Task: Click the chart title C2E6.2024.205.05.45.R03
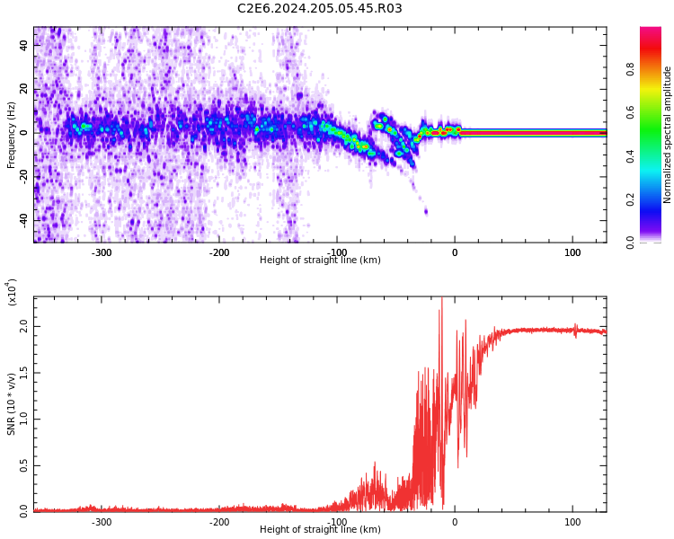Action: pyautogui.click(x=319, y=9)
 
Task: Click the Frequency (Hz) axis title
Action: pyautogui.click(x=12, y=135)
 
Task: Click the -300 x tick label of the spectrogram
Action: pyautogui.click(x=102, y=252)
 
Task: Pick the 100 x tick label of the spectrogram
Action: pyautogui.click(x=572, y=252)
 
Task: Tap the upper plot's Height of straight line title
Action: pyautogui.click(x=320, y=261)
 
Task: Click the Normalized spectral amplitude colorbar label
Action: pyautogui.click(x=668, y=135)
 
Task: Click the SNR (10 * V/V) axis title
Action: pyautogui.click(x=12, y=404)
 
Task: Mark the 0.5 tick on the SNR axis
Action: pyautogui.click(x=23, y=464)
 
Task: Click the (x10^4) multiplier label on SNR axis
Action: pyautogui.click(x=12, y=292)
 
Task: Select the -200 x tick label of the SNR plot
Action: pyautogui.click(x=219, y=522)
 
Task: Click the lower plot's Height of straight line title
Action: pyautogui.click(x=320, y=530)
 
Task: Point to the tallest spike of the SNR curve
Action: pyautogui.click(x=441, y=300)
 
